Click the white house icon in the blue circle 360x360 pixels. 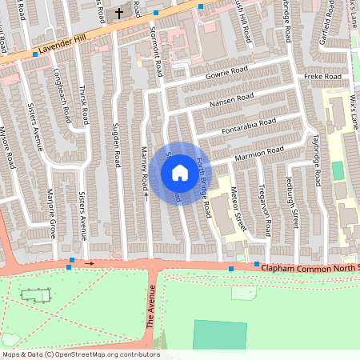[179, 173]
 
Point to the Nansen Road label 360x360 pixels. [232, 102]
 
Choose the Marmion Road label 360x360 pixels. [260, 151]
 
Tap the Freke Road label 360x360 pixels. [322, 77]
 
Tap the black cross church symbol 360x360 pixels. [119, 13]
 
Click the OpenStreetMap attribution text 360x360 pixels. [81, 354]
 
